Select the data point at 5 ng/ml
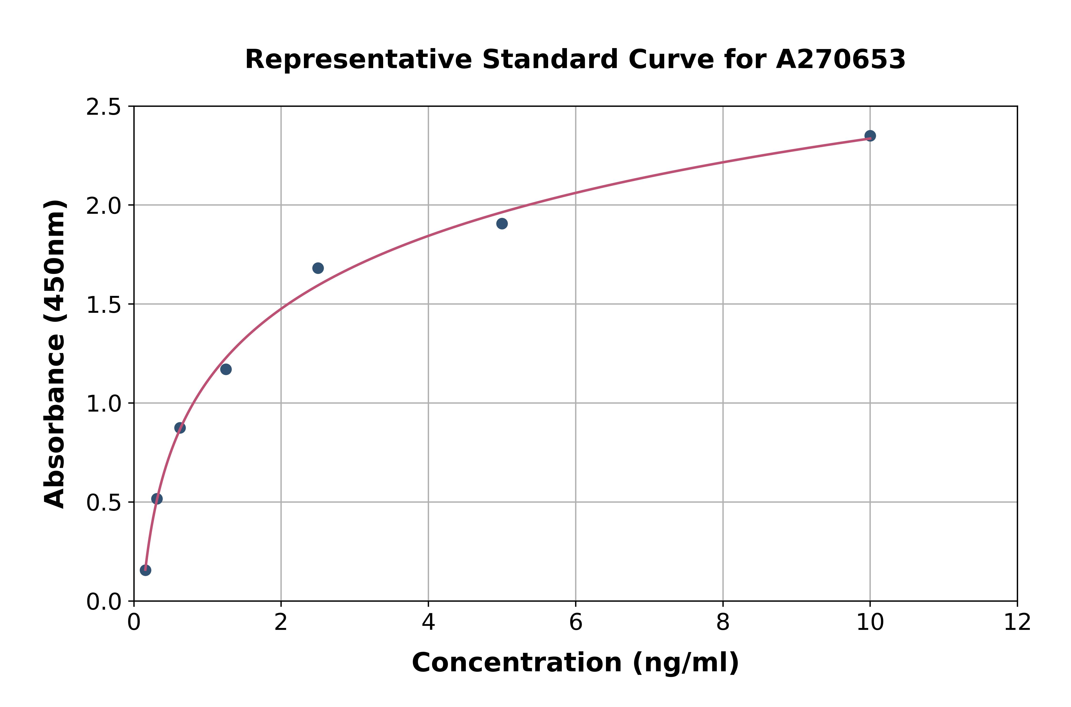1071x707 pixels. (x=502, y=224)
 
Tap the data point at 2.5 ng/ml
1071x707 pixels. (x=318, y=268)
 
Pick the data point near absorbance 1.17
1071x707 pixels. (x=226, y=369)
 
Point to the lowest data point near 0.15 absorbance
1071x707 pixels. (x=145, y=570)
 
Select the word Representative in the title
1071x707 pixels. (x=358, y=60)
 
